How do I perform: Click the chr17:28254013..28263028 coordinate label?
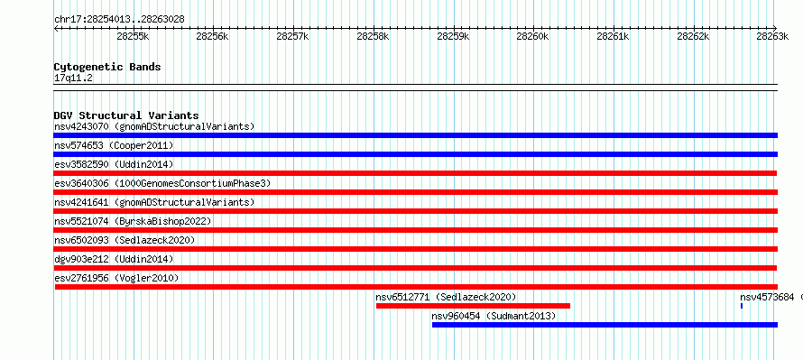[119, 19]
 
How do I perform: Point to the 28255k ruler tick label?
[133, 36]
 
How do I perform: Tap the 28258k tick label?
[374, 36]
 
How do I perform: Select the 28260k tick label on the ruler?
[532, 36]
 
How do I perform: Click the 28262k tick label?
[693, 36]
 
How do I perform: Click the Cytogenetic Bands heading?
[107, 67]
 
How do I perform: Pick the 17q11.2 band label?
[73, 78]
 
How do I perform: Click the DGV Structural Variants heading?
[126, 115]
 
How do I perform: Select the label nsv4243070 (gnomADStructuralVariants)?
[154, 126]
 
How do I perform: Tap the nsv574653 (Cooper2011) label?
[114, 145]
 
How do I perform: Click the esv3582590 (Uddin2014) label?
[114, 164]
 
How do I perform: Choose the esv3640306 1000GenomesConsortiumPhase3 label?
[162, 183]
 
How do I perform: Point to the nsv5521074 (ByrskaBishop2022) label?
[133, 221]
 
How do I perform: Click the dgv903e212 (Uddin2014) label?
[114, 259]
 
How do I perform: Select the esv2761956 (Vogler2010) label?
[116, 278]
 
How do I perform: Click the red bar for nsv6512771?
[473, 306]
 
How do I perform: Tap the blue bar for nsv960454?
[605, 325]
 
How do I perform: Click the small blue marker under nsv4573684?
[742, 306]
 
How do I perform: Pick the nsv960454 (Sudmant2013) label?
[494, 316]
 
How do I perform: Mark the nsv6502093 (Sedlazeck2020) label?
[125, 240]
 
